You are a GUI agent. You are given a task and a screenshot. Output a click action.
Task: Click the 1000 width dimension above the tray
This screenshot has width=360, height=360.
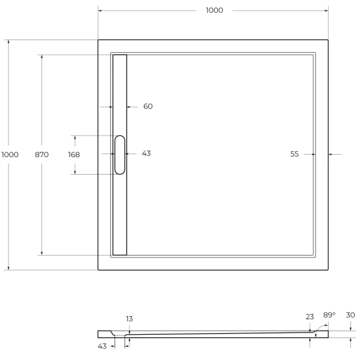(214, 10)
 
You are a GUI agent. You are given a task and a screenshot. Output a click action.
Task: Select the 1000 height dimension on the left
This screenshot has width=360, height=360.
(10, 154)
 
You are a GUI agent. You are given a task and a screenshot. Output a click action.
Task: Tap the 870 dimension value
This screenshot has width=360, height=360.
(41, 154)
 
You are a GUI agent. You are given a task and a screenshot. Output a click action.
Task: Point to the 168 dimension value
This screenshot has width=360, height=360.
(74, 154)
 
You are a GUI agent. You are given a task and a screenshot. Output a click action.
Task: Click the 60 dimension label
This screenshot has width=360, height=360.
(148, 106)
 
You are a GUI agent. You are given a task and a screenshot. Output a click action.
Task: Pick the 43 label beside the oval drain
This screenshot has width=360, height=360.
(146, 154)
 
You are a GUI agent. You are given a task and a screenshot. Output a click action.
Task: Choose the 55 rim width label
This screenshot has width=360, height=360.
(295, 154)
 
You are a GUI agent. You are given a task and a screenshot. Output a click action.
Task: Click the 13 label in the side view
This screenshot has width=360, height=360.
(130, 319)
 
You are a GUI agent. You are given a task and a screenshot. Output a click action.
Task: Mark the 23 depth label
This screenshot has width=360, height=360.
(310, 316)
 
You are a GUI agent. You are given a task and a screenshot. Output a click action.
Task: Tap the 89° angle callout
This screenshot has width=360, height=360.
(329, 315)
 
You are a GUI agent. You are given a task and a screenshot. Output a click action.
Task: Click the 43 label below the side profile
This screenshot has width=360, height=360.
(103, 346)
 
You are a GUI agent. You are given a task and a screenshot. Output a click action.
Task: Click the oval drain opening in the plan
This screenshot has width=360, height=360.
(120, 155)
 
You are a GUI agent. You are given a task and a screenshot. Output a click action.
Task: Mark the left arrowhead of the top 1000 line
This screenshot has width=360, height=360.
(100, 10)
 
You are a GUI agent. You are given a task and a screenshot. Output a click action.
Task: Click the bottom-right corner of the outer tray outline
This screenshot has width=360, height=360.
(328, 269)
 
